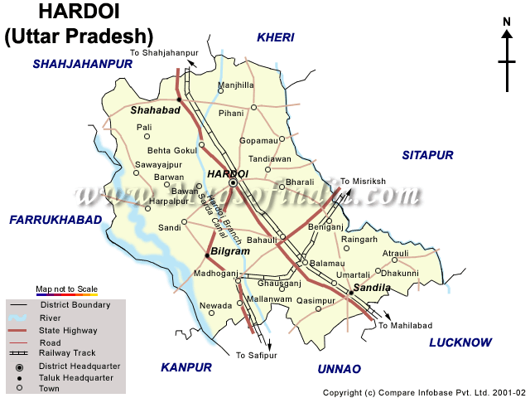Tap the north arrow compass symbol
click(507, 58)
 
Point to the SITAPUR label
click(428, 155)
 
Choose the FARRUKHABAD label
click(55, 220)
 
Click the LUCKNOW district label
click(460, 342)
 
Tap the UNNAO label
click(340, 368)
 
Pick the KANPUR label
click(187, 367)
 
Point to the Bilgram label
click(229, 250)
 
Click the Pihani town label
click(233, 113)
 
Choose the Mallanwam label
click(270, 298)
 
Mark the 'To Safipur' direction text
click(253, 355)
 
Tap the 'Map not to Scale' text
click(66, 289)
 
